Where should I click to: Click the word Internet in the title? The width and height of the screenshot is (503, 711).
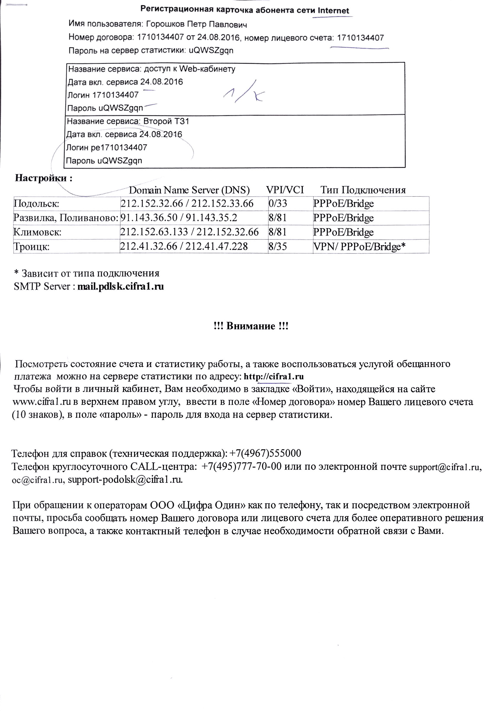coord(333,11)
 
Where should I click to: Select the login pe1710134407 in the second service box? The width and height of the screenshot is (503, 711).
coord(118,148)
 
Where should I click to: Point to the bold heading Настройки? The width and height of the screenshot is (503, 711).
coord(43,178)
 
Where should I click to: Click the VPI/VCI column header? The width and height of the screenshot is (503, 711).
coord(285,190)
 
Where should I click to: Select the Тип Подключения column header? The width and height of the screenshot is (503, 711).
coord(363,190)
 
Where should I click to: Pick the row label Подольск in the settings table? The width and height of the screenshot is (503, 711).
coord(36,204)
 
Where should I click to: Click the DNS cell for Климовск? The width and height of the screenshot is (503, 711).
coord(189,232)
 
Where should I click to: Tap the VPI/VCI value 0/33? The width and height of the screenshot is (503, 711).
coord(278,204)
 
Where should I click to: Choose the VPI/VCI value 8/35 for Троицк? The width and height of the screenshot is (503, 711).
coord(278,246)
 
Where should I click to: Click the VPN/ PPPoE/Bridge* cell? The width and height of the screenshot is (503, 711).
coord(359,246)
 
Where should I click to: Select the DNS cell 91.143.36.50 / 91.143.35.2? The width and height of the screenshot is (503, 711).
coord(179,218)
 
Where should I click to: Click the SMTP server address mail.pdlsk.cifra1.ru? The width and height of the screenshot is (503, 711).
coord(121,286)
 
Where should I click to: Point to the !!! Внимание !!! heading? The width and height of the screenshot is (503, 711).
coord(251,326)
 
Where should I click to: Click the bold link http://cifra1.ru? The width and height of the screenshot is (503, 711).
coord(274,377)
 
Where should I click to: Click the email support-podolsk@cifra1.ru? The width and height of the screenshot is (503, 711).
coord(125,479)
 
